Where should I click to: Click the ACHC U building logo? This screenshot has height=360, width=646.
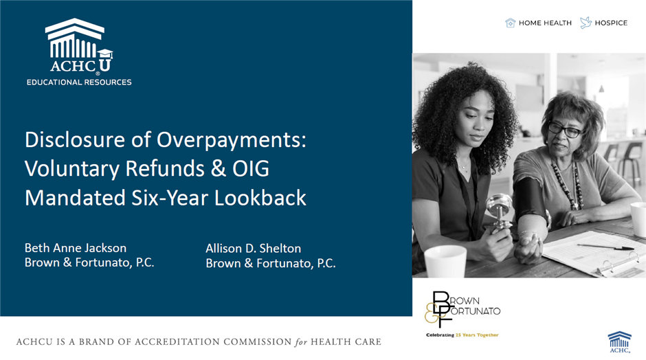(78, 45)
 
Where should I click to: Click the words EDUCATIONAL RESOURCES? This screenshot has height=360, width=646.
(79, 82)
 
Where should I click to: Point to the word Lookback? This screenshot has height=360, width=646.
(260, 198)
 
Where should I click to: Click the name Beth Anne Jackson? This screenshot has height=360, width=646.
(76, 248)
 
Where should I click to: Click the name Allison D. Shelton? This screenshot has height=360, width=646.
(254, 249)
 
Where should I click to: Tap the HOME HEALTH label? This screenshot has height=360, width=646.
(545, 23)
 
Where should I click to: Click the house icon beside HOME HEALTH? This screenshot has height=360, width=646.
(511, 23)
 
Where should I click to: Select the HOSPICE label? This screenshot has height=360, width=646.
(611, 23)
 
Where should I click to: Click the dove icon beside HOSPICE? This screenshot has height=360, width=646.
(586, 23)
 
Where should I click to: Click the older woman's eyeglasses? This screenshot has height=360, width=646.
(565, 130)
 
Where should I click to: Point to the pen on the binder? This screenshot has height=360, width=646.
(605, 247)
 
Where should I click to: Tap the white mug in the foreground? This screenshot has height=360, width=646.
(445, 261)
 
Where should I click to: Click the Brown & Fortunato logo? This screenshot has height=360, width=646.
(463, 309)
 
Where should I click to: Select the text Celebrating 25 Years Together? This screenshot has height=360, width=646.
(463, 335)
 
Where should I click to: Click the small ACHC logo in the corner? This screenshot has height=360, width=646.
(620, 342)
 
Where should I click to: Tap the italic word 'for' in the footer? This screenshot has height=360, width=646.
(301, 342)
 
